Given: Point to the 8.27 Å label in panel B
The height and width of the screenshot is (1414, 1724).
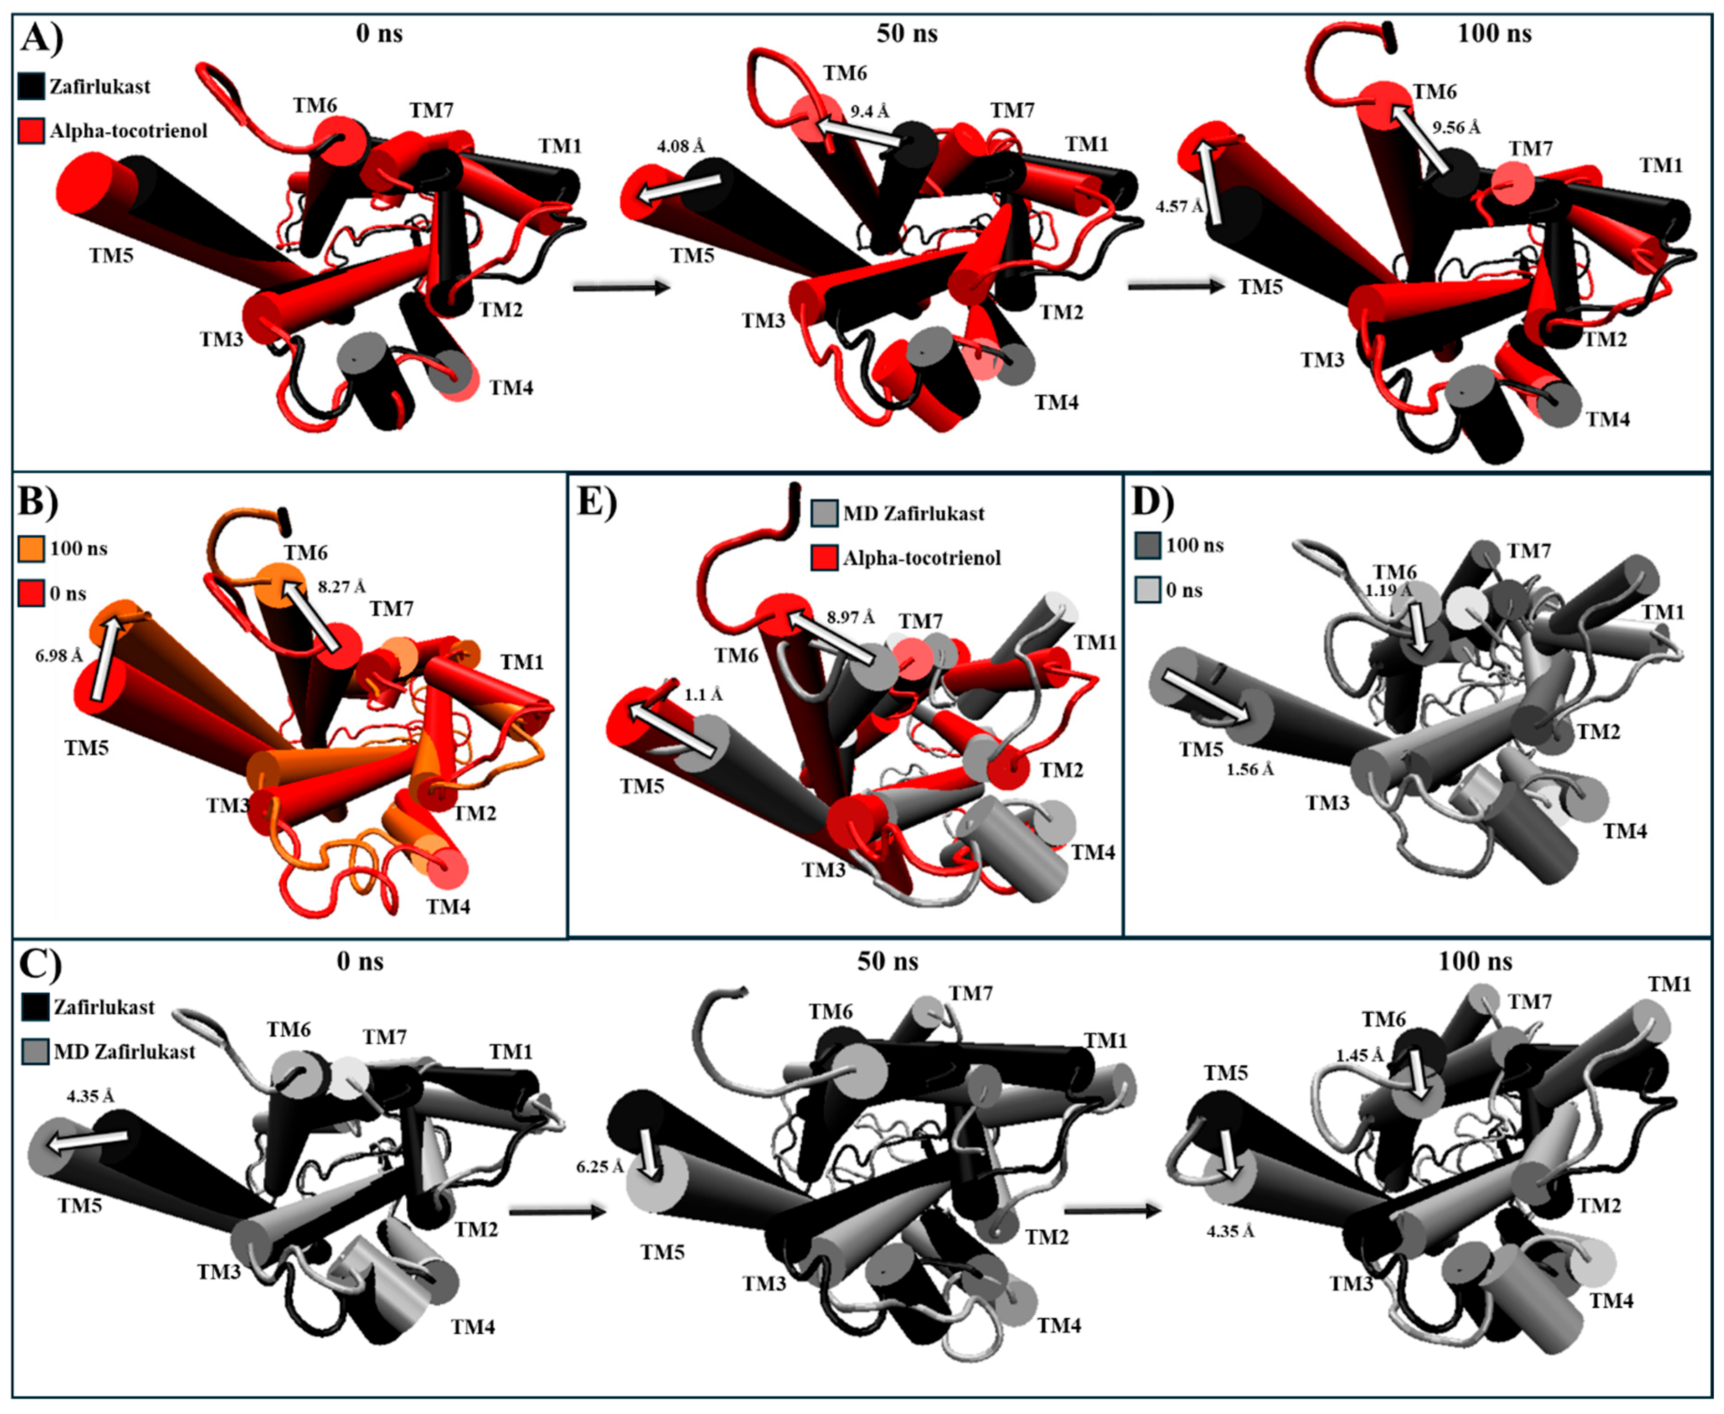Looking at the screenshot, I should (341, 587).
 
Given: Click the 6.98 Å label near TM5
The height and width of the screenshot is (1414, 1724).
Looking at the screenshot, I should (59, 655).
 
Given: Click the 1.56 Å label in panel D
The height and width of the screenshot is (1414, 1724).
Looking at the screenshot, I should (1250, 769).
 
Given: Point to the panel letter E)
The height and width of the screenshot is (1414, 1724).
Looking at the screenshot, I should (596, 502).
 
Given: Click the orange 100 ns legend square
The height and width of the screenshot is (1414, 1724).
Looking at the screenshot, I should (30, 549).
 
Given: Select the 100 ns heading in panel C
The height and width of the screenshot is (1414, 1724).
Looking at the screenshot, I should (1475, 961).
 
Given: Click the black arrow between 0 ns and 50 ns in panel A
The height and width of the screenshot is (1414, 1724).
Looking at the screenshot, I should (621, 288).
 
